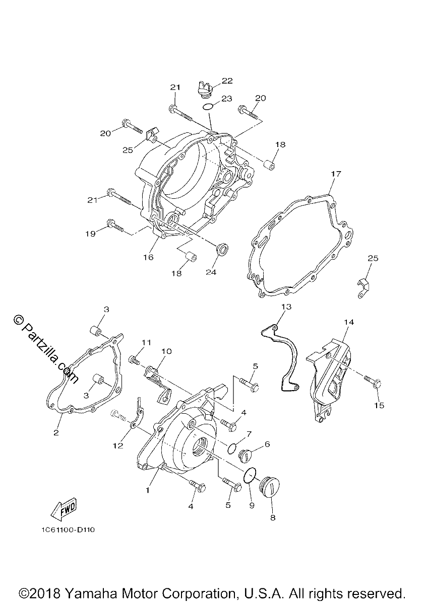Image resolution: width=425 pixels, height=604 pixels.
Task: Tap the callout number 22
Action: tap(227, 81)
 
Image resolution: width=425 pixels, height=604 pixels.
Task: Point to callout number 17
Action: tap(336, 174)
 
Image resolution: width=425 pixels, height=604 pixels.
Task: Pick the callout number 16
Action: tap(148, 257)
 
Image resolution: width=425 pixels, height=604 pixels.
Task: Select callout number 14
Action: tap(348, 322)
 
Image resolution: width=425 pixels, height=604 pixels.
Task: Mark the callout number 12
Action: tap(118, 445)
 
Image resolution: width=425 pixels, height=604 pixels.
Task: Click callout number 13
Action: tap(286, 307)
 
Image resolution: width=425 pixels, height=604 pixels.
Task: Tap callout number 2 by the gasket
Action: tap(56, 433)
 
